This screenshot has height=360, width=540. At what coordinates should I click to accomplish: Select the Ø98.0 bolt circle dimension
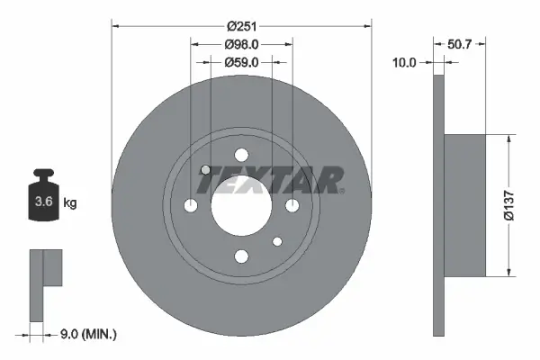(x=241, y=41)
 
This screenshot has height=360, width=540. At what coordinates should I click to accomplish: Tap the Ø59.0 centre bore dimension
(x=241, y=62)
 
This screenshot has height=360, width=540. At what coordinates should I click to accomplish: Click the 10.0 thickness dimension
(x=406, y=62)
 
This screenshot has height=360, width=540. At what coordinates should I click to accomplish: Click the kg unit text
(x=70, y=203)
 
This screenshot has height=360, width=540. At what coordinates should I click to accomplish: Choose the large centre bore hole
(x=241, y=206)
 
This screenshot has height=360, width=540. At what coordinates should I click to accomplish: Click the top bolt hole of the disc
(x=241, y=155)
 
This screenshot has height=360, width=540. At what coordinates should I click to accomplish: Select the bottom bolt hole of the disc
(x=241, y=257)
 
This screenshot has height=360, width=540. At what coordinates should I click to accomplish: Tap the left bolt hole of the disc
(x=190, y=206)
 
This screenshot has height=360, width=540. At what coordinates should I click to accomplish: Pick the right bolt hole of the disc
(x=292, y=206)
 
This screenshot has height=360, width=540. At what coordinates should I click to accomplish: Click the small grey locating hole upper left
(x=205, y=170)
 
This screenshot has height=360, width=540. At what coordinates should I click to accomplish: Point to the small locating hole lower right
(x=277, y=241)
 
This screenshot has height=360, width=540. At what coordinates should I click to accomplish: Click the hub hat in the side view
(x=465, y=206)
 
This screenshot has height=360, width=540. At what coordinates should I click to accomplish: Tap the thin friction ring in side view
(x=439, y=206)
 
